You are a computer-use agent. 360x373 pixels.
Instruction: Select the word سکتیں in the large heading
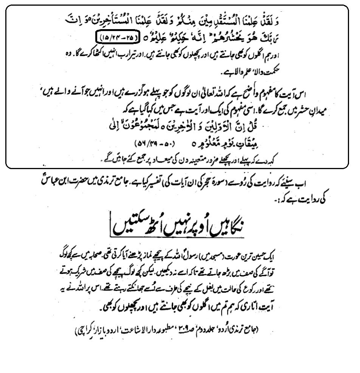click(x=124, y=226)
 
